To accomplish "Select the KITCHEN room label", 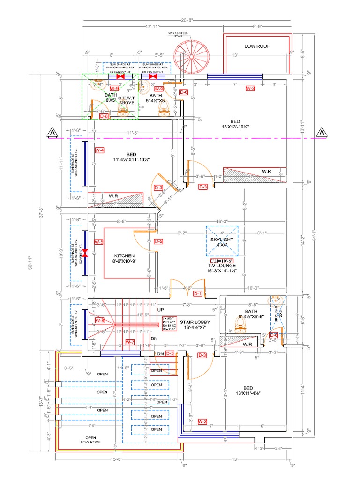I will pyautogui.click(x=124, y=256).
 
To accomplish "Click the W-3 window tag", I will pyautogui.click(x=250, y=88).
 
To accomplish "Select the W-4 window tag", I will pyautogui.click(x=99, y=150).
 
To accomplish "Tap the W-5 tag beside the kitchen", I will pyautogui.click(x=98, y=242).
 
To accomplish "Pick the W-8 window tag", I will pyautogui.click(x=99, y=320).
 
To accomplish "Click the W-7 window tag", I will pyautogui.click(x=130, y=342).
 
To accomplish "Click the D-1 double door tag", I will pyautogui.click(x=197, y=294).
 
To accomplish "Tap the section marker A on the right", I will pyautogui.click(x=322, y=133).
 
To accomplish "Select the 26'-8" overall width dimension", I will pyautogui.click(x=187, y=20).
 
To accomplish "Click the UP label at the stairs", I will pyautogui.click(x=161, y=310).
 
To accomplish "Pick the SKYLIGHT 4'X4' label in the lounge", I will pyautogui.click(x=222, y=242).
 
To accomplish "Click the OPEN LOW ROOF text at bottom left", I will pyautogui.click(x=90, y=439).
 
